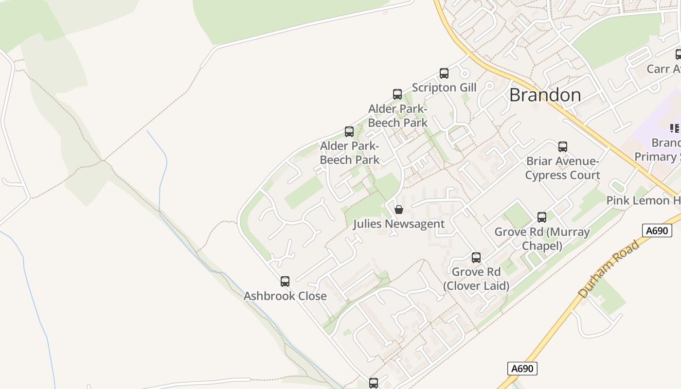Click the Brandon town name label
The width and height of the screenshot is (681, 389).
pyautogui.click(x=545, y=95)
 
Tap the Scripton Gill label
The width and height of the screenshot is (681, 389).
pyautogui.click(x=444, y=88)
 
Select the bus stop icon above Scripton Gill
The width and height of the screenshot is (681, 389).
pyautogui.click(x=444, y=73)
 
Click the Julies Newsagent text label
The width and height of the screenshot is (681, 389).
pyautogui.click(x=399, y=224)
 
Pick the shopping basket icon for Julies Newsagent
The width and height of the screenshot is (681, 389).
pyautogui.click(x=399, y=210)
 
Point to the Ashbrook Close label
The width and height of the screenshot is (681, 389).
pyautogui.click(x=285, y=296)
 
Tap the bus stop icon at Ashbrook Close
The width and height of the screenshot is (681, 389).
pyautogui.click(x=285, y=281)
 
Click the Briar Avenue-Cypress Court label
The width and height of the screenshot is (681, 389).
pyautogui.click(x=563, y=168)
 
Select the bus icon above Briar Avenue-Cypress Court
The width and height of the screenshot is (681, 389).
pyautogui.click(x=563, y=146)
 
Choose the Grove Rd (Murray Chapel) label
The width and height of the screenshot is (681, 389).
pyautogui.click(x=542, y=239)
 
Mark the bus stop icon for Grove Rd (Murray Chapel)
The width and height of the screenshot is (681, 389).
pyautogui.click(x=542, y=217)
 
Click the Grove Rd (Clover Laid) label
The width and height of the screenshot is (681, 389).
pyautogui.click(x=476, y=279)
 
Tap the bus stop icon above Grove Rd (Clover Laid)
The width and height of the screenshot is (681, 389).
pyautogui.click(x=476, y=257)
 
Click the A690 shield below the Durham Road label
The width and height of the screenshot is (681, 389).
pyautogui.click(x=523, y=369)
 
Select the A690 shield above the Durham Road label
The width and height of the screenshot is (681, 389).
pyautogui.click(x=657, y=230)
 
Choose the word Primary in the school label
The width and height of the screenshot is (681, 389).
pyautogui.click(x=657, y=157)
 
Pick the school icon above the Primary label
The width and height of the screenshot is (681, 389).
pyautogui.click(x=675, y=128)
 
